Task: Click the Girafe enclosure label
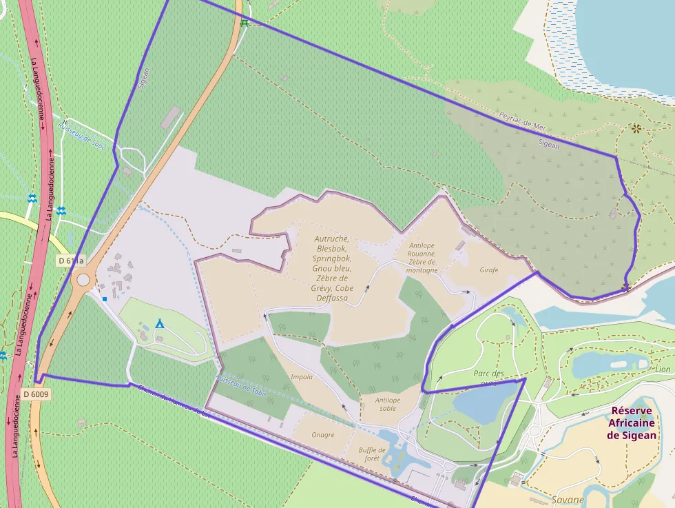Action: (x=489, y=270)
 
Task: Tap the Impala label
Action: (x=302, y=376)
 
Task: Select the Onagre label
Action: (x=322, y=435)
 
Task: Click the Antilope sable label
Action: (x=388, y=404)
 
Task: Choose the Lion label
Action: (x=662, y=369)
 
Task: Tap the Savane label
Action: (x=568, y=499)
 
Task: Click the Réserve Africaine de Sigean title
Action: (x=632, y=423)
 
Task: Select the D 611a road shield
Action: (x=71, y=261)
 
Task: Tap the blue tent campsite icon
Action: (x=160, y=323)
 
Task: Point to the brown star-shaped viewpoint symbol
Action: (x=636, y=128)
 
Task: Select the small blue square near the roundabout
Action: (x=105, y=299)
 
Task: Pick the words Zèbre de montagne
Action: (x=422, y=266)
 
